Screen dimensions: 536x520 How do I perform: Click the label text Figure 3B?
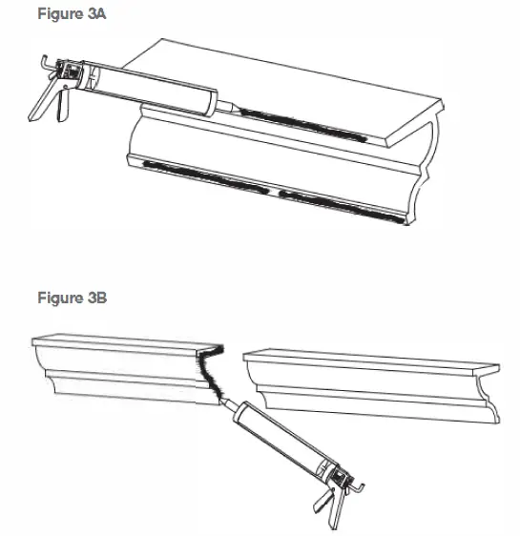tap(73, 299)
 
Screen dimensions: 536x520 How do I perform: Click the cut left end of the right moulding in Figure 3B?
tap(250, 377)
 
